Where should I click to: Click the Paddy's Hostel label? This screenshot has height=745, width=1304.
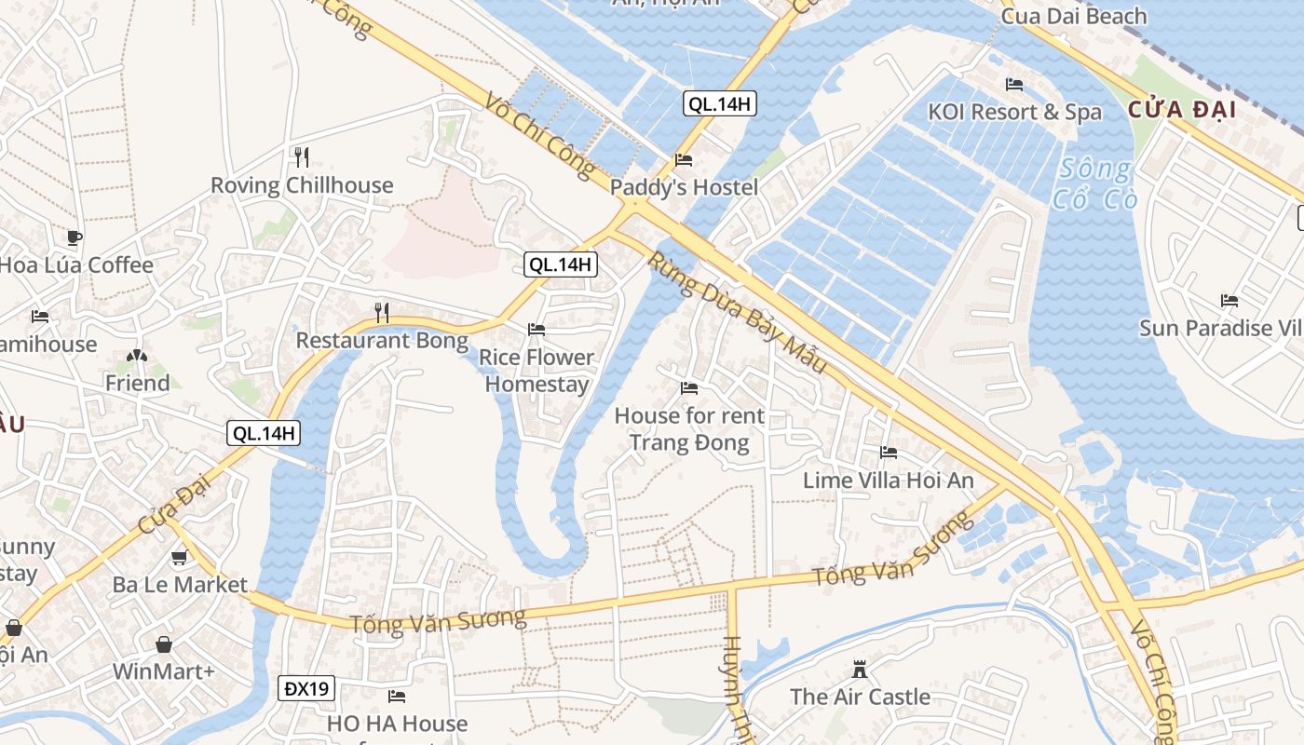pos(684,187)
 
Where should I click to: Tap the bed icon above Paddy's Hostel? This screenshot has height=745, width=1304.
pos(684,159)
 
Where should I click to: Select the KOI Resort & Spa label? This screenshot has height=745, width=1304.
pos(1014,113)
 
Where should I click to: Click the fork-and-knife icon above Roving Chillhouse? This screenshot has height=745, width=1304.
pos(301,156)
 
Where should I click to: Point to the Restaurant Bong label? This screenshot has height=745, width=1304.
pos(382,341)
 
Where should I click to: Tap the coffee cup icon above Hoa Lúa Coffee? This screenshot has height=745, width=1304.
pos(75,237)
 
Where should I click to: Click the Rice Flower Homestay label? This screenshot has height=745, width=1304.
pos(537,371)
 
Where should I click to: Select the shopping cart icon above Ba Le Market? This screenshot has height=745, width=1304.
pos(179,558)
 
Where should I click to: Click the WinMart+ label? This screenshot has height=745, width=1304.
pos(164,671)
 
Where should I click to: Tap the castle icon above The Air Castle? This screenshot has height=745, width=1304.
pos(860,670)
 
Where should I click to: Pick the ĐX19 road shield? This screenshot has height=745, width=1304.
pos(306,689)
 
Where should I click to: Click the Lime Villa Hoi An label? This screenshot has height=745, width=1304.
pos(889,481)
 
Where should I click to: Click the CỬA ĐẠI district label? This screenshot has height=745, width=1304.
pos(1182,110)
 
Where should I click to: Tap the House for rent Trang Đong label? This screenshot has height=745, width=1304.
pos(689,428)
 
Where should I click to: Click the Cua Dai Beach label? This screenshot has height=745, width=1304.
pos(1074,16)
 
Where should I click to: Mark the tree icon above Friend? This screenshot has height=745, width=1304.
pos(137,356)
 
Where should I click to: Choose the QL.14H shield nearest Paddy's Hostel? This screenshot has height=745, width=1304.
pos(719,103)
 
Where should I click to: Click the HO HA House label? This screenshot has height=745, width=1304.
pos(397,724)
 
